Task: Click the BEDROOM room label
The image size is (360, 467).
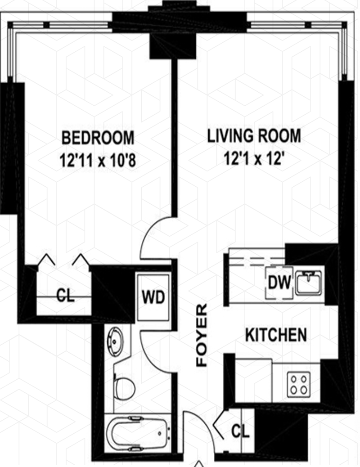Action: click(x=98, y=138)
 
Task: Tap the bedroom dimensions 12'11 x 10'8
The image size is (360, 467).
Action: click(x=98, y=161)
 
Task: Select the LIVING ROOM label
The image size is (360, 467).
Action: click(x=254, y=136)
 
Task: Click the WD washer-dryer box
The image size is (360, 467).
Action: click(x=153, y=297)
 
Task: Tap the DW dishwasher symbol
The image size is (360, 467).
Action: click(x=279, y=283)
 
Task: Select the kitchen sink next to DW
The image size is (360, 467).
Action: click(x=309, y=283)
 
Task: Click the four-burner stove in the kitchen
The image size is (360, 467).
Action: click(x=299, y=385)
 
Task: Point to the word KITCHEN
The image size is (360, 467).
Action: click(x=276, y=335)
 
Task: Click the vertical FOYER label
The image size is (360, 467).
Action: click(x=202, y=335)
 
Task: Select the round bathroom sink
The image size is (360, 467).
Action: click(x=116, y=341)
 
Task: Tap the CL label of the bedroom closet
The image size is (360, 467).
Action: click(x=66, y=296)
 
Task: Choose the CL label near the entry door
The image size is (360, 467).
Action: click(x=240, y=431)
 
